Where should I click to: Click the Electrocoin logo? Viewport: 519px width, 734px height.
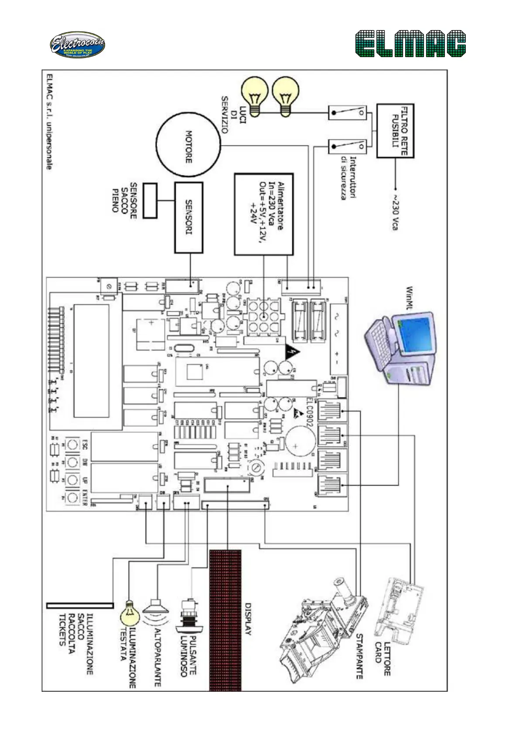click(77, 45)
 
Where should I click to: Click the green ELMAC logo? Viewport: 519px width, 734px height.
click(410, 44)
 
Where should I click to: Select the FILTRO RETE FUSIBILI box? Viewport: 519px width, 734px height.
click(395, 131)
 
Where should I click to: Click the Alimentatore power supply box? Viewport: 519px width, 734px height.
click(263, 214)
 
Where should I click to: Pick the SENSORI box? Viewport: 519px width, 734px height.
click(189, 217)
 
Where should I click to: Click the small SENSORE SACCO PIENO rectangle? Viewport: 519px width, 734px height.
click(150, 200)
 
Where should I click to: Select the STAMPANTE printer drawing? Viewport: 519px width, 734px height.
click(323, 628)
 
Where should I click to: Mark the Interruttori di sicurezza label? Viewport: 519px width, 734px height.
click(348, 178)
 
